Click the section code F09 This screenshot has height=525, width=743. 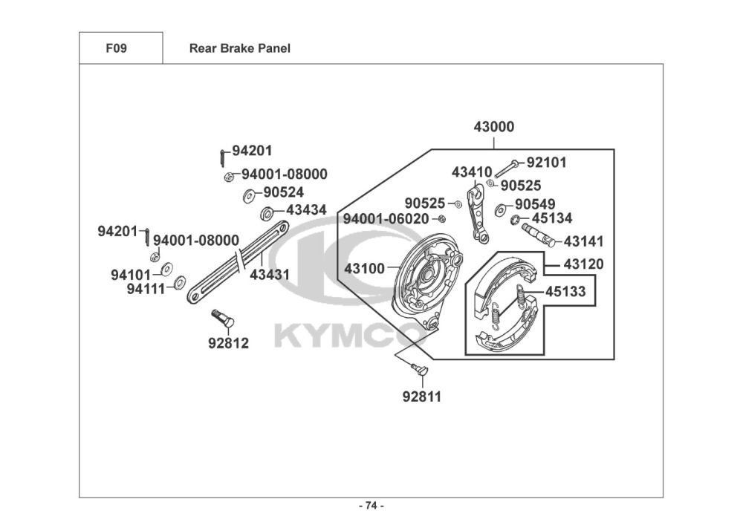click(x=116, y=49)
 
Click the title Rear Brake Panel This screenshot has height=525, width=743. click(x=239, y=49)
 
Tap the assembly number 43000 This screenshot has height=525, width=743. click(x=493, y=127)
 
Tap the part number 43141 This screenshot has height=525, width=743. click(x=583, y=241)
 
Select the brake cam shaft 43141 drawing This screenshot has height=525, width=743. click(x=539, y=234)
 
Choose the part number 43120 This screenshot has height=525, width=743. click(x=583, y=264)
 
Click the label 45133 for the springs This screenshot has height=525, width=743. click(x=565, y=292)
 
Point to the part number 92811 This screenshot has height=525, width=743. click(x=421, y=397)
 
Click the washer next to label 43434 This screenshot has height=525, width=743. click(x=266, y=215)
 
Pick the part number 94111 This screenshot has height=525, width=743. click(x=146, y=290)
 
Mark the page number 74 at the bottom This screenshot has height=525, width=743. click(x=371, y=506)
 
